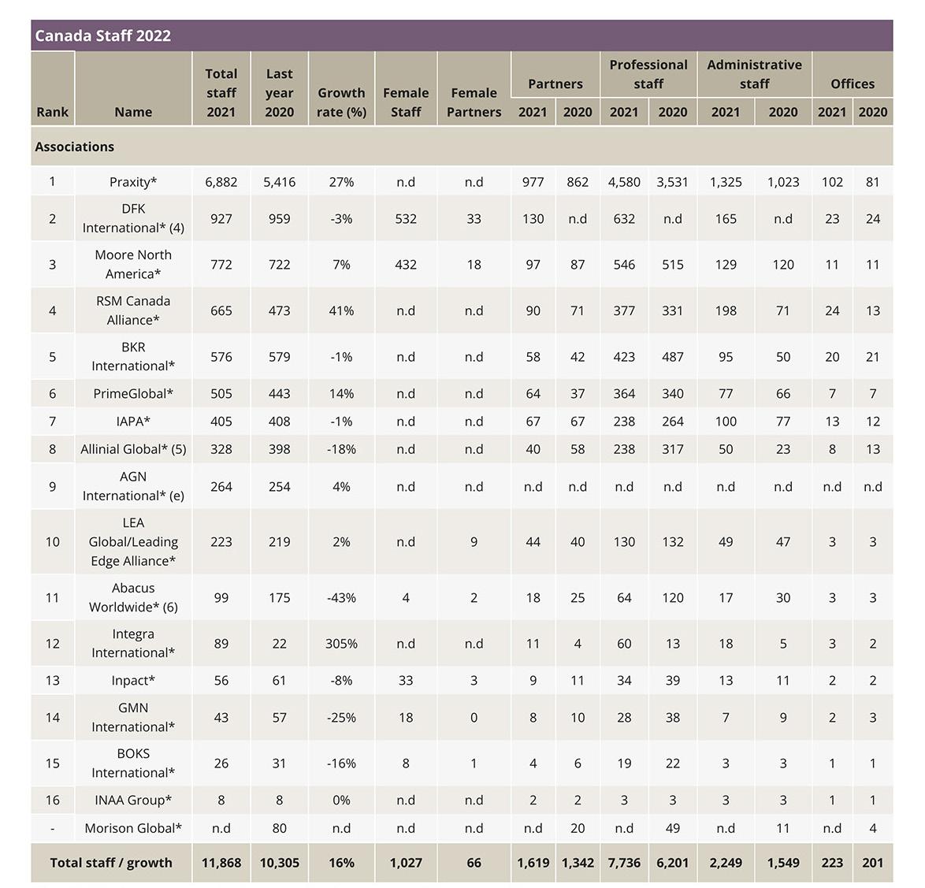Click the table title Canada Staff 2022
[x=103, y=35]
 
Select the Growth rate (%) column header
[x=341, y=102]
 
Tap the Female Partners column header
[x=474, y=102]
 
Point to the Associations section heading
[x=75, y=147]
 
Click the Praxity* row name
[x=133, y=182]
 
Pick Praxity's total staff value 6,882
[x=221, y=182]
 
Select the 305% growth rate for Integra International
[x=341, y=644]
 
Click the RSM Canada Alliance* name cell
[x=133, y=310]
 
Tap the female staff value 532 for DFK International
[x=406, y=219]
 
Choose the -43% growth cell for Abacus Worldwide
[x=341, y=598]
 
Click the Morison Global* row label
[x=133, y=828]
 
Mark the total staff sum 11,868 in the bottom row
[x=221, y=863]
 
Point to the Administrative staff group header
[x=754, y=74]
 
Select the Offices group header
[x=853, y=84]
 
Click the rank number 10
[x=53, y=542]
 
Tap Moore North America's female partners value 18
[x=474, y=265]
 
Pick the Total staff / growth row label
[x=111, y=863]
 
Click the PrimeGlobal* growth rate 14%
[x=341, y=393]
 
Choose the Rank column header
[x=53, y=112]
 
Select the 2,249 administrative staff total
[x=726, y=863]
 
